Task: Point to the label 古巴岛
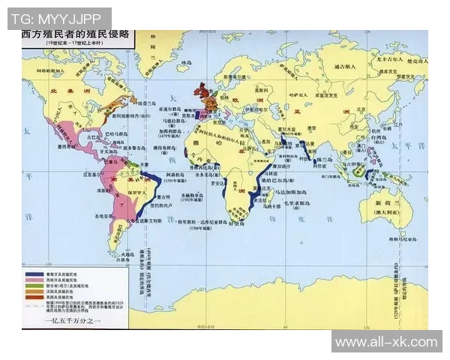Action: click(x=93, y=138)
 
